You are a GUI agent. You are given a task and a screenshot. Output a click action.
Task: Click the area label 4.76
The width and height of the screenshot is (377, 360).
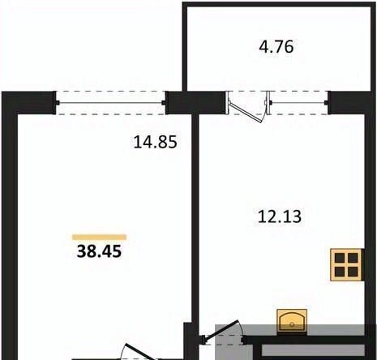(x=276, y=47)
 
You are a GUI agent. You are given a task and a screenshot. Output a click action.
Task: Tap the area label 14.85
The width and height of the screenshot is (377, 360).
(x=156, y=142)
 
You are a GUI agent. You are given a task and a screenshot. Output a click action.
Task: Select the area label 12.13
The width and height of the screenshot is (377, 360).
(x=280, y=216)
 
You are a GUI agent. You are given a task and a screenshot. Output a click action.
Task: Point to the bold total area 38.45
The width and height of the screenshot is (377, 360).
(x=99, y=251)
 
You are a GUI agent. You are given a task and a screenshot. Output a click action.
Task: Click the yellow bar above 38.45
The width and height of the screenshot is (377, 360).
(x=99, y=238)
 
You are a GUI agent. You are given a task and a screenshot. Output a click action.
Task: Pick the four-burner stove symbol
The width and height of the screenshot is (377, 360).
(x=346, y=265)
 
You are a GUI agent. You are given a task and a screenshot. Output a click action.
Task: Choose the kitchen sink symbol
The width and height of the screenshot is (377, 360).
(x=292, y=321)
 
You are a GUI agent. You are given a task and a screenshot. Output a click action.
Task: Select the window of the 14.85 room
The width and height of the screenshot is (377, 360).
(x=111, y=103)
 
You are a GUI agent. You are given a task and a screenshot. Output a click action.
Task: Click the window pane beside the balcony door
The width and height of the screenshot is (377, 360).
(x=298, y=103)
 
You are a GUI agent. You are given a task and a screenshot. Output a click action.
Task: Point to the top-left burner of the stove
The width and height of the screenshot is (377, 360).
(x=339, y=258)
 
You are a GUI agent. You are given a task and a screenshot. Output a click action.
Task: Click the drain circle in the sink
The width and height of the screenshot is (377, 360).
(x=292, y=324)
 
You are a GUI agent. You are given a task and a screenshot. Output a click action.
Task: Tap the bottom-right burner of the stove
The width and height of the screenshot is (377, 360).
(x=353, y=272)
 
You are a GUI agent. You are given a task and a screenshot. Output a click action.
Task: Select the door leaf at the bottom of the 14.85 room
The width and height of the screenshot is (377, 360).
(x=140, y=352)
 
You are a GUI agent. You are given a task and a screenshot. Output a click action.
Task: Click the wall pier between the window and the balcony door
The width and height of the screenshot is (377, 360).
(x=195, y=103)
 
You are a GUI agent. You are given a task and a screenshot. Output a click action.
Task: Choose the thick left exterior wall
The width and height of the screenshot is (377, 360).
(x=10, y=225)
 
